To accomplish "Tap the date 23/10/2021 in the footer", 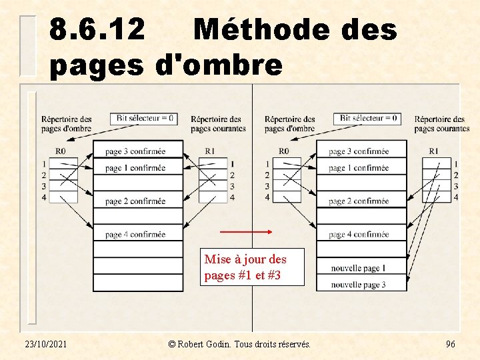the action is [x=49, y=344].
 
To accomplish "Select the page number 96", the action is [x=451, y=344].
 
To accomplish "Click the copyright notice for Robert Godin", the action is [x=239, y=344].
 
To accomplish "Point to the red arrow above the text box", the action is [x=246, y=233].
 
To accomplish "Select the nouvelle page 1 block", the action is [x=361, y=268].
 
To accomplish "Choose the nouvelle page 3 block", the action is [x=361, y=285].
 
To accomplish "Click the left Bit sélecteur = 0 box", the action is [x=145, y=119].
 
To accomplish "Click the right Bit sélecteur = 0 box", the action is [x=369, y=119].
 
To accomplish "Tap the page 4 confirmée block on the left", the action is [x=137, y=234].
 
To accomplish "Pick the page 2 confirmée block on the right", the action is [x=361, y=201].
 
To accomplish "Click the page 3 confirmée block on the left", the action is [x=137, y=151].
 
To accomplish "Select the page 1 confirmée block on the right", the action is [x=361, y=168].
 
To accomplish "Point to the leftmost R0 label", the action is [x=60, y=151].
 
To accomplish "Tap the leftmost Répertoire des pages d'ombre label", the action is [x=66, y=123].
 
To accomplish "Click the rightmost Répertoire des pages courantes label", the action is [x=441, y=123].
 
